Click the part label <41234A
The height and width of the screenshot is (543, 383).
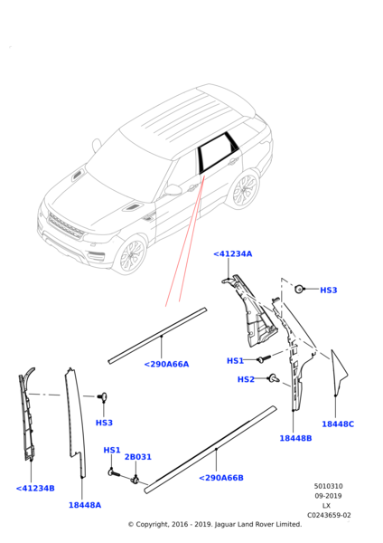tap(233, 253)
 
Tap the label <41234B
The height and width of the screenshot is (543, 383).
tap(35, 489)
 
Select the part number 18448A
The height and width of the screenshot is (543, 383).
tap(85, 505)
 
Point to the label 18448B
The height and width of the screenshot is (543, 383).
tap(295, 438)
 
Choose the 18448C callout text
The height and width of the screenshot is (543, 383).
tap(338, 424)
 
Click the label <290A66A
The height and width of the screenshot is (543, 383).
tap(166, 365)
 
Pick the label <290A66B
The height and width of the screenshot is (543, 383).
tap(221, 478)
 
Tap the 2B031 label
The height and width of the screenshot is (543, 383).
tap(138, 457)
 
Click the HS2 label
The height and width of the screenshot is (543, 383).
tap(246, 379)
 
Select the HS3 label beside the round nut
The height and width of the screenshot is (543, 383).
tap(329, 290)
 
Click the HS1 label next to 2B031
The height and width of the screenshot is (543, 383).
tap(112, 450)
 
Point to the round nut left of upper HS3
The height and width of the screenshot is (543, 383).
tap(299, 289)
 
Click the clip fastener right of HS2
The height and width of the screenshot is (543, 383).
tap(274, 378)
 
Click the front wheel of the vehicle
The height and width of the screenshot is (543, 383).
tap(131, 254)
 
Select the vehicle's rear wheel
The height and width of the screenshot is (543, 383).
tap(245, 189)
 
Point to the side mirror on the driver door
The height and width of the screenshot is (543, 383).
tap(173, 190)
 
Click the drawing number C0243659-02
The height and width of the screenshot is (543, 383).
tap(329, 515)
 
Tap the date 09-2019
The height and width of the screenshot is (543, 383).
tap(328, 496)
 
